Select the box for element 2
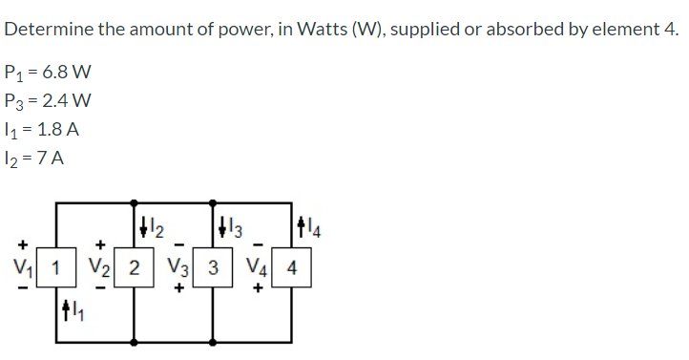(x=136, y=268)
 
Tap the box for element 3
(x=214, y=268)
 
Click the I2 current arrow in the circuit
(x=144, y=226)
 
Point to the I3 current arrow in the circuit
(x=222, y=226)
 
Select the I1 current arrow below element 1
(x=65, y=309)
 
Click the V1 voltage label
(x=16, y=268)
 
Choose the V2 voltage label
(x=96, y=268)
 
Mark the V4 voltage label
(x=255, y=268)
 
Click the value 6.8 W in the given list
(x=68, y=74)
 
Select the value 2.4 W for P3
(x=69, y=101)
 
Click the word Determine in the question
(x=47, y=30)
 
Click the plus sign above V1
(x=14, y=244)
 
